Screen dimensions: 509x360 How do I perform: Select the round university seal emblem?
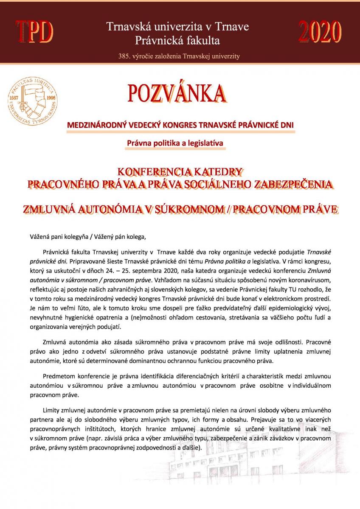(32, 98)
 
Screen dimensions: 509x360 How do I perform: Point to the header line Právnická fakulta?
(177, 41)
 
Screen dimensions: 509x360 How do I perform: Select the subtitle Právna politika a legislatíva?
(175, 143)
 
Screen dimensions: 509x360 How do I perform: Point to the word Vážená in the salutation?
(39, 236)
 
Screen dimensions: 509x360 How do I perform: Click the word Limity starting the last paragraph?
(52, 411)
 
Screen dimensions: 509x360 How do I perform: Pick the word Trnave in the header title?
(233, 28)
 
